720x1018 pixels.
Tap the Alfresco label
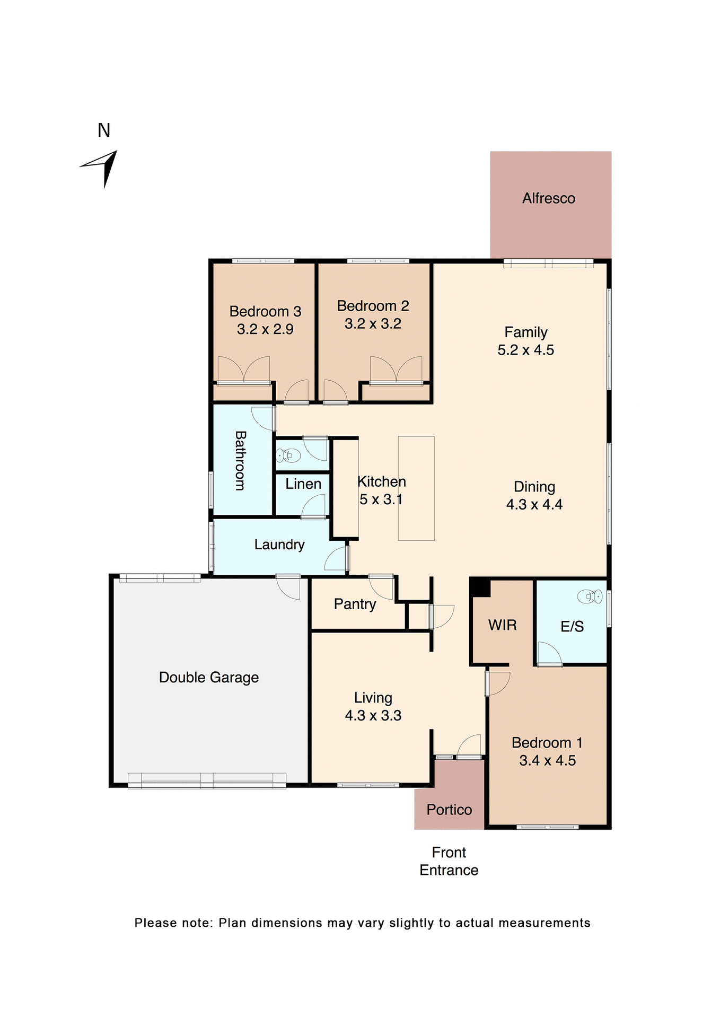tap(548, 198)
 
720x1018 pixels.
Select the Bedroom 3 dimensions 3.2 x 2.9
tap(265, 329)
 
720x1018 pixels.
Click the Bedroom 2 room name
tap(373, 306)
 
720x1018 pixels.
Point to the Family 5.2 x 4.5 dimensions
tap(525, 350)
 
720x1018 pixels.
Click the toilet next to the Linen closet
tap(289, 455)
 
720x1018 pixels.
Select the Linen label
tap(303, 484)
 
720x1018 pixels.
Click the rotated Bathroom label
tap(240, 460)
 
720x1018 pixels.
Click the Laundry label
tap(279, 545)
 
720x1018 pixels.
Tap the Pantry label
tap(355, 604)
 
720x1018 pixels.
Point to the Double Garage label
tap(209, 678)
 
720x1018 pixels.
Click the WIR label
tap(502, 625)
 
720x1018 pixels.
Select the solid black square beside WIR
tap(480, 587)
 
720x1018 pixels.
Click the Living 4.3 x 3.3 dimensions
tap(373, 716)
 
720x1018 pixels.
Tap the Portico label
tap(449, 810)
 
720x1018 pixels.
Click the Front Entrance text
tap(449, 861)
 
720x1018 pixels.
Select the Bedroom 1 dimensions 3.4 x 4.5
tap(547, 760)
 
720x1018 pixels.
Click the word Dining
tap(534, 487)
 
